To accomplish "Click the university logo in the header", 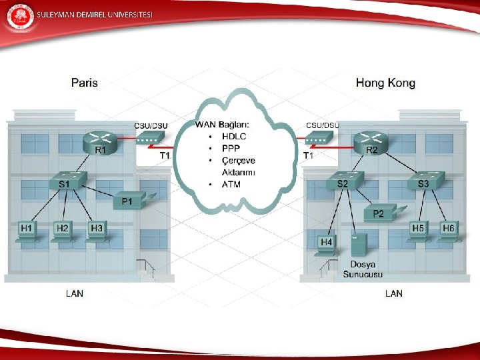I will pos(19,17).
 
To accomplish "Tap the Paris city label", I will pos(85,83).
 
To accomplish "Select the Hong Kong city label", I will pos(385,83).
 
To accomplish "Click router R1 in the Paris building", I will pos(100,141).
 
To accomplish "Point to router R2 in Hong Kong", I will pos(371,141).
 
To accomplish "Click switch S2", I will pos(343,180).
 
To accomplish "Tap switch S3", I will pos(424,180).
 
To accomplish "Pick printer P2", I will pos(379,213).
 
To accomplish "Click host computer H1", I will pos(28,231).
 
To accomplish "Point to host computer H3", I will pos(97,231).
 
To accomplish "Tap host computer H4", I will pos(327,245).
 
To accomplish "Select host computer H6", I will pos(448,231).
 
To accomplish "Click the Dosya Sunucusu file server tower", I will pos(359,247).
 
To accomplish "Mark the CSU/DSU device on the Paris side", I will pos(151,138).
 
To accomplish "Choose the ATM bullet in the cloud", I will pos(231,184).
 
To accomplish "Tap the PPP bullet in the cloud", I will pos(231,149).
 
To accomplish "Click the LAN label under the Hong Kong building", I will pos(394,293).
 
